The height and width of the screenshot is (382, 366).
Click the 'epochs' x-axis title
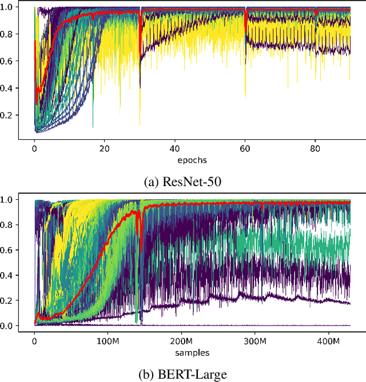[192, 160]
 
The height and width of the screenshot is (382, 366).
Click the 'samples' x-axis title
[192, 352]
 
